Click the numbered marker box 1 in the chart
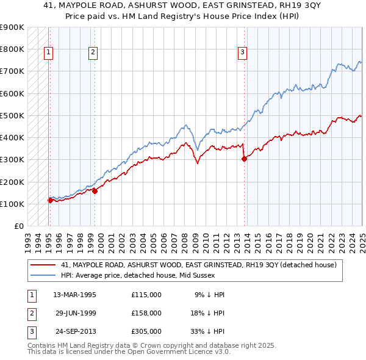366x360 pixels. click(x=48, y=53)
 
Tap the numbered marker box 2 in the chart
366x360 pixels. click(x=93, y=53)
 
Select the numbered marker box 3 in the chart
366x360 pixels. click(x=242, y=53)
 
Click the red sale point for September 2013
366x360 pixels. click(x=244, y=159)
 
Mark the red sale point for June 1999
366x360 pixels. click(x=95, y=191)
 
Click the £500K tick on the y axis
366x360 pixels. click(x=12, y=115)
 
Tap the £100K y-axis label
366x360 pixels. click(x=12, y=204)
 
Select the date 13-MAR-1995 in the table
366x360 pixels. click(x=75, y=294)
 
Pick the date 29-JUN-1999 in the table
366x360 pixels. click(x=75, y=313)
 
